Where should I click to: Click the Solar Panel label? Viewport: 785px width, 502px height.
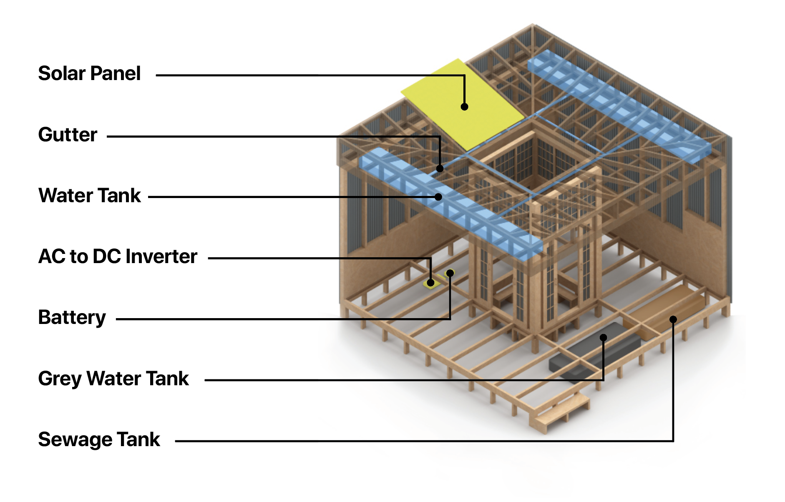89,73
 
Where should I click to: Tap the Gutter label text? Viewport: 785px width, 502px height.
68,135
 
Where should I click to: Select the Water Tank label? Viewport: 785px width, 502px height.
90,196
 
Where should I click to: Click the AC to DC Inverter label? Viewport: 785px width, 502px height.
118,256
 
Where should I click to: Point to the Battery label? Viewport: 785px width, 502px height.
72,318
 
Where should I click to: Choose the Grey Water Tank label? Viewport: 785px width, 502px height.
113,379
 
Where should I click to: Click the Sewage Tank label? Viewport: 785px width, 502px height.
99,439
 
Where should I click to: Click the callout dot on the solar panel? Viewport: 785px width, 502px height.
464,107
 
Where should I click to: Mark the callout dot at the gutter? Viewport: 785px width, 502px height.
440,168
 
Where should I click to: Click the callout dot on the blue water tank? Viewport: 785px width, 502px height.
438,197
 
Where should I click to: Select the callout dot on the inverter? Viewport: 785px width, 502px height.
431,283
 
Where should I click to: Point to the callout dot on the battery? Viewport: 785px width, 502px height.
450,273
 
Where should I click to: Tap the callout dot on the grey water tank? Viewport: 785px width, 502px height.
603,337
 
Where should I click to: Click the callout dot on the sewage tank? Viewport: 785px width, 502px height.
673,319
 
